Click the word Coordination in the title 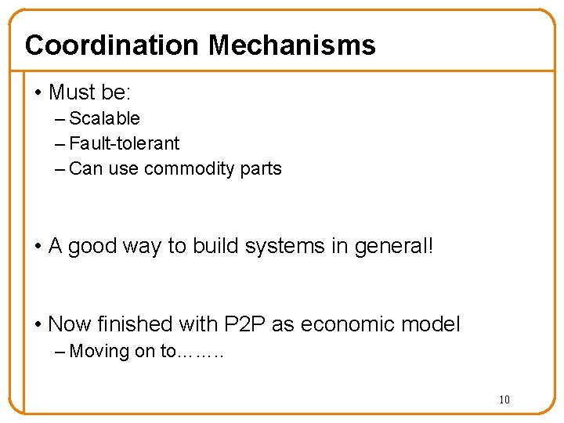113,45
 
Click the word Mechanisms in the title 291,45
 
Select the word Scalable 104,118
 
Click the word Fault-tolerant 124,143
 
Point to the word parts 262,168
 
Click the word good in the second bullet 92,246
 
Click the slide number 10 504,400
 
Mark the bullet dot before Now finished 38,324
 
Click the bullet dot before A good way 38,247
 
